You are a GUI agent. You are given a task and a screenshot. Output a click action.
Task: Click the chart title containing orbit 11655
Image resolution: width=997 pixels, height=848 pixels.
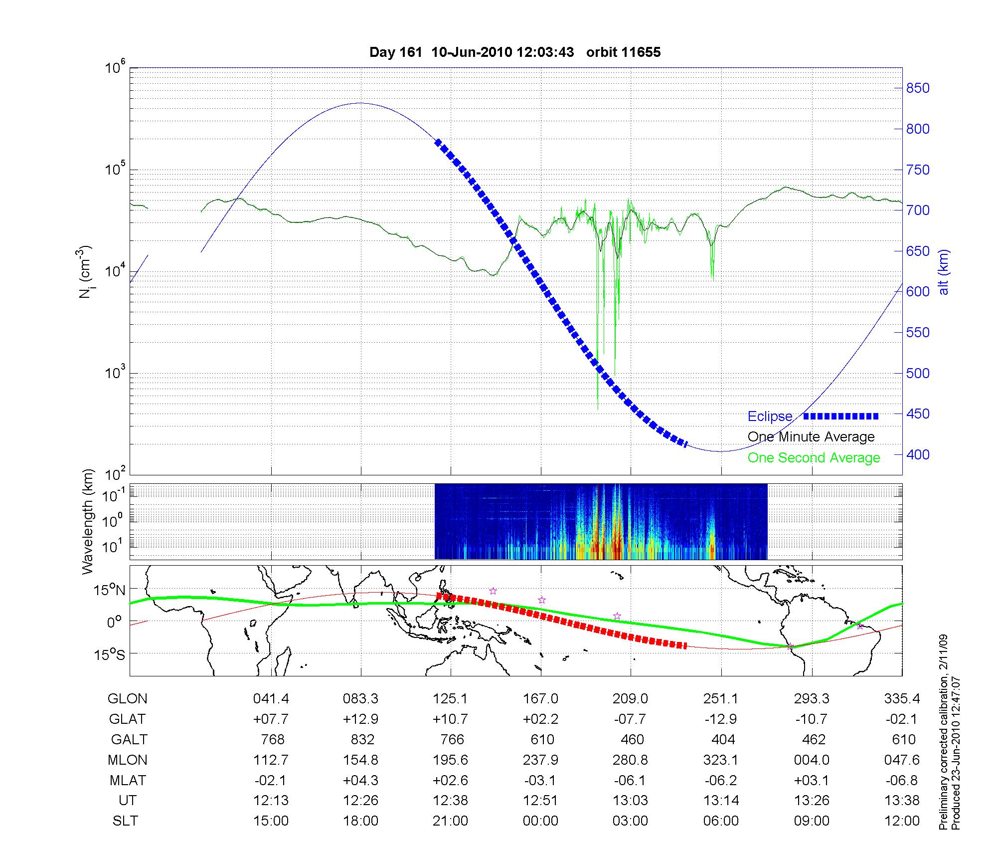click(x=514, y=52)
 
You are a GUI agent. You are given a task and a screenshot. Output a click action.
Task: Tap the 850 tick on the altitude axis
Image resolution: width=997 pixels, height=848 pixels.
click(x=917, y=88)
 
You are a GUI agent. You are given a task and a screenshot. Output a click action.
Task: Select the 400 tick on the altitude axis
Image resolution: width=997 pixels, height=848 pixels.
click(x=917, y=454)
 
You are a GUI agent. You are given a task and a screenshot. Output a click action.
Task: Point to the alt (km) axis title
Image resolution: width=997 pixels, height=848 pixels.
click(x=944, y=272)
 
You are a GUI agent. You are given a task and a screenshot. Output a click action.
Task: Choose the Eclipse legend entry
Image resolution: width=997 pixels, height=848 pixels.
click(x=770, y=417)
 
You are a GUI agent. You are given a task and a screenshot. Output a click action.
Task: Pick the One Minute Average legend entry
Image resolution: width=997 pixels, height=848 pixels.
click(x=811, y=437)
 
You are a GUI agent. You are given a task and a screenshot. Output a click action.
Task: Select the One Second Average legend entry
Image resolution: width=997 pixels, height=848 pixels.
click(x=814, y=458)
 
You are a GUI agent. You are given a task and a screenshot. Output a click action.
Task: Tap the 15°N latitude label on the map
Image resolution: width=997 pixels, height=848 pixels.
click(x=110, y=591)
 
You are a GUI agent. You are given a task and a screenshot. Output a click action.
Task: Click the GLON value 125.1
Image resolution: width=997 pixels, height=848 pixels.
click(x=451, y=698)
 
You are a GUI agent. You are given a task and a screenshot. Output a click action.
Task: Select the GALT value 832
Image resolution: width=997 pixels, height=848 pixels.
click(x=362, y=739)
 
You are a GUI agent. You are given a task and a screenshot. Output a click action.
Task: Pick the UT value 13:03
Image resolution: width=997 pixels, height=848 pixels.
click(x=631, y=801)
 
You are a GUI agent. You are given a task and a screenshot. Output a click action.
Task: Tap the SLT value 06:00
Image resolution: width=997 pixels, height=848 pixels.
click(x=721, y=821)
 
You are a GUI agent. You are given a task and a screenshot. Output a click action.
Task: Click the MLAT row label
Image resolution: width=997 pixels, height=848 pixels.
click(x=128, y=780)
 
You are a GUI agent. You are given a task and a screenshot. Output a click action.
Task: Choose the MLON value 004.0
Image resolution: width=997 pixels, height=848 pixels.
click(x=812, y=760)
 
